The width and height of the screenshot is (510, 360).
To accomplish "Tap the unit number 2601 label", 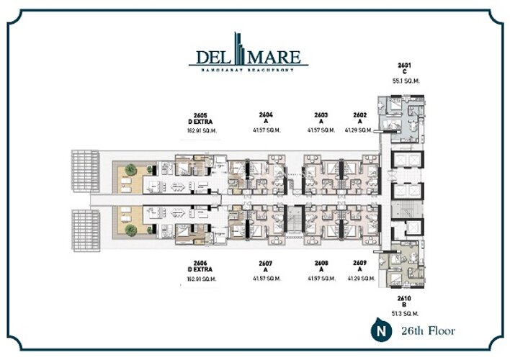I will [403, 65].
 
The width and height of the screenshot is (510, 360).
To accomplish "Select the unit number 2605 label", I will [201, 114].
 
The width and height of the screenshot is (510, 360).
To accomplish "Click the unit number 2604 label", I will [266, 114].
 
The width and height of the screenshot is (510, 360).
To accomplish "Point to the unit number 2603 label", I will [321, 114].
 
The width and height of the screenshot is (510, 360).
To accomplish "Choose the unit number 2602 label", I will [360, 114].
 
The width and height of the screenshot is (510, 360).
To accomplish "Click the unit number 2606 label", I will [201, 264].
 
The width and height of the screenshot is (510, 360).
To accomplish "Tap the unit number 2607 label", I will [266, 264].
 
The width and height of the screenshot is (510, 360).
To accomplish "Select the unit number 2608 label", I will [321, 264].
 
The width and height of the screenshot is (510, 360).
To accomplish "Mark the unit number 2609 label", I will [360, 264].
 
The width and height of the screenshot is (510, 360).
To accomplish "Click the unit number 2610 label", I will [403, 297].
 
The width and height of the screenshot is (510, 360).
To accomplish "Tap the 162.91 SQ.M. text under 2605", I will [201, 132].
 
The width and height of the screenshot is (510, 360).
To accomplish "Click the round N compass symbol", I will [376, 331].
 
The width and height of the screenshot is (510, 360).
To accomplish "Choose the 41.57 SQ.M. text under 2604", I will [266, 131].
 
